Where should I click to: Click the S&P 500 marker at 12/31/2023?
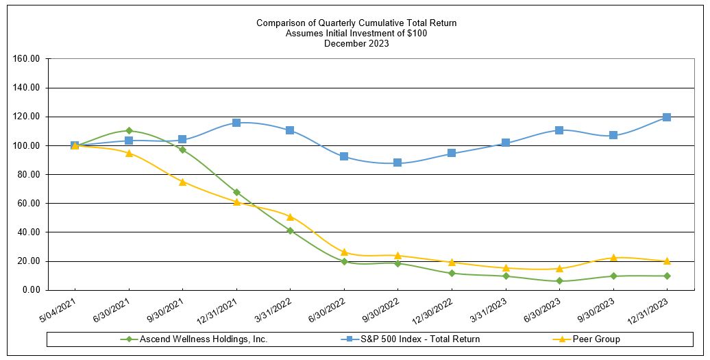[667, 117]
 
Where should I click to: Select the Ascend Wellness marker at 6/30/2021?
[129, 130]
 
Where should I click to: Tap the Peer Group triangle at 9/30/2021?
[182, 182]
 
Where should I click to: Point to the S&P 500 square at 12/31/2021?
[236, 123]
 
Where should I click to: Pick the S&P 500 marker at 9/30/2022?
[397, 163]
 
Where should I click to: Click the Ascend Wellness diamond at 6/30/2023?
[559, 280]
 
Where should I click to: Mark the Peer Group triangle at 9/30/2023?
[613, 258]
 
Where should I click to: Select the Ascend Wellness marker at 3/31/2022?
[290, 230]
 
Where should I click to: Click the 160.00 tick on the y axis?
[26, 59]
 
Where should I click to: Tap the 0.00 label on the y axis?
[30, 290]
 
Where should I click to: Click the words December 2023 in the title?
[356, 43]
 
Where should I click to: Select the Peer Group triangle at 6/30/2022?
[344, 252]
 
